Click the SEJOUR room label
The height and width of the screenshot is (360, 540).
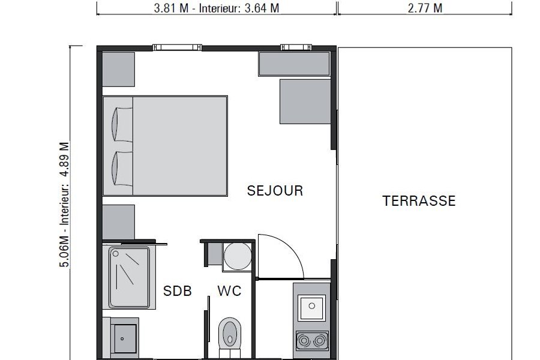pos(275,191)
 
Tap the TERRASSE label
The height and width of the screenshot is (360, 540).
pos(419,201)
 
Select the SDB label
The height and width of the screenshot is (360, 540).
pos(178,291)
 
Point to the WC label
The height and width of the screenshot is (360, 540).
pos(229,291)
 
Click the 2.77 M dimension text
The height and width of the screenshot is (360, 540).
pos(425,8)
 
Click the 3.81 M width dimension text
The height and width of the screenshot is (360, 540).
pos(171,8)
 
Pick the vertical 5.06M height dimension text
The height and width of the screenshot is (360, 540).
pos(65,251)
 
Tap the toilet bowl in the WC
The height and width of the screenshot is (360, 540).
pos(230,333)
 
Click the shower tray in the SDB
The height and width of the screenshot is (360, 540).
pos(129,277)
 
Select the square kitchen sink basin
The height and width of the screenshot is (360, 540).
pos(311,307)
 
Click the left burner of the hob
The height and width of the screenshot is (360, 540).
pos(304,341)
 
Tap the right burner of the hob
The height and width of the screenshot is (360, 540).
pos(320,341)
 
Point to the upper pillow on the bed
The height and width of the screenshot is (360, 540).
pos(122,124)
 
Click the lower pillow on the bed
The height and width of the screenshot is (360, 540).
pos(122,169)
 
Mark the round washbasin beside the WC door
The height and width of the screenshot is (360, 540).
pos(238,256)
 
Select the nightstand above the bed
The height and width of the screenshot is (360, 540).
pos(118,69)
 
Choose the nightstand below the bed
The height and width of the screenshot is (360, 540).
pos(118,222)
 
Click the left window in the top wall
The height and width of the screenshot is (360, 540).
pos(177,47)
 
